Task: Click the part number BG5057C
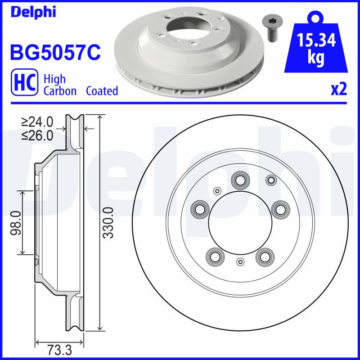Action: (x=54, y=53)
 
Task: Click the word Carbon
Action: (x=61, y=91)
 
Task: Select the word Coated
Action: (x=102, y=91)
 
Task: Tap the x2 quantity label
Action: (x=339, y=90)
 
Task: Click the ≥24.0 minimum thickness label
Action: (x=38, y=121)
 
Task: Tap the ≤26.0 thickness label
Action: (x=38, y=135)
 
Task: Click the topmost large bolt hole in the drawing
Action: (x=239, y=180)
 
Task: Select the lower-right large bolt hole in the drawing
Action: (x=264, y=257)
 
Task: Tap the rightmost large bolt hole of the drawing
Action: (x=279, y=209)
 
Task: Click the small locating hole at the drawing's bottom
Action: (x=240, y=262)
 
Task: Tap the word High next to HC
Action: (x=54, y=79)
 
